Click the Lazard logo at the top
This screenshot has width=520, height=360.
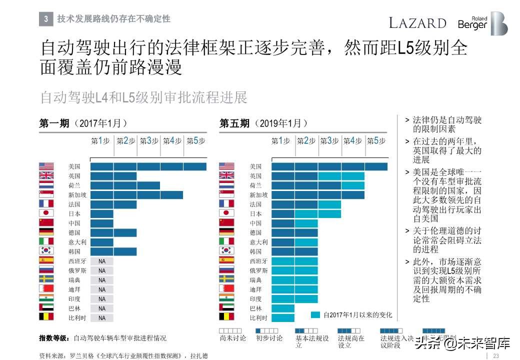click(x=417, y=23)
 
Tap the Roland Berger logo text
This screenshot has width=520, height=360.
click(x=472, y=23)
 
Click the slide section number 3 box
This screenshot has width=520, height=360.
click(x=45, y=19)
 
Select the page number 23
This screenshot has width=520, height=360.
click(x=496, y=355)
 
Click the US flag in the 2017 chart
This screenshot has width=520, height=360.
click(x=46, y=166)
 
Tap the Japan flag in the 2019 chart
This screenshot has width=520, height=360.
click(x=226, y=213)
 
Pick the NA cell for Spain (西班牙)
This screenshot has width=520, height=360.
click(x=102, y=261)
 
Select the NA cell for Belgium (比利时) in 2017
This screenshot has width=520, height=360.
click(x=102, y=318)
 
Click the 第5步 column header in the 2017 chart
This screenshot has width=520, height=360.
click(x=195, y=141)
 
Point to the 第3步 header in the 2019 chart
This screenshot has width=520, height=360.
click(x=329, y=141)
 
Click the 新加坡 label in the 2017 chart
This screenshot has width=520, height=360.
click(x=77, y=195)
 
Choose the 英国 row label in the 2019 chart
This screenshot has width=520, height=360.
click(x=255, y=176)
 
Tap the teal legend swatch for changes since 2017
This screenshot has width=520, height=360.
click(x=315, y=315)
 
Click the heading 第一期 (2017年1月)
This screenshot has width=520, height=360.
click(x=83, y=123)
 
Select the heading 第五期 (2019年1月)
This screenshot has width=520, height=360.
click(x=263, y=123)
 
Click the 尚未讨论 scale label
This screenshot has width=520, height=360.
click(x=232, y=338)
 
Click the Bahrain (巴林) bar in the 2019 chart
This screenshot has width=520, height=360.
click(x=283, y=308)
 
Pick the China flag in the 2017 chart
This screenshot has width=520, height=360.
click(x=46, y=223)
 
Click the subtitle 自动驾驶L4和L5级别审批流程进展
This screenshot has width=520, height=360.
click(x=143, y=97)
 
